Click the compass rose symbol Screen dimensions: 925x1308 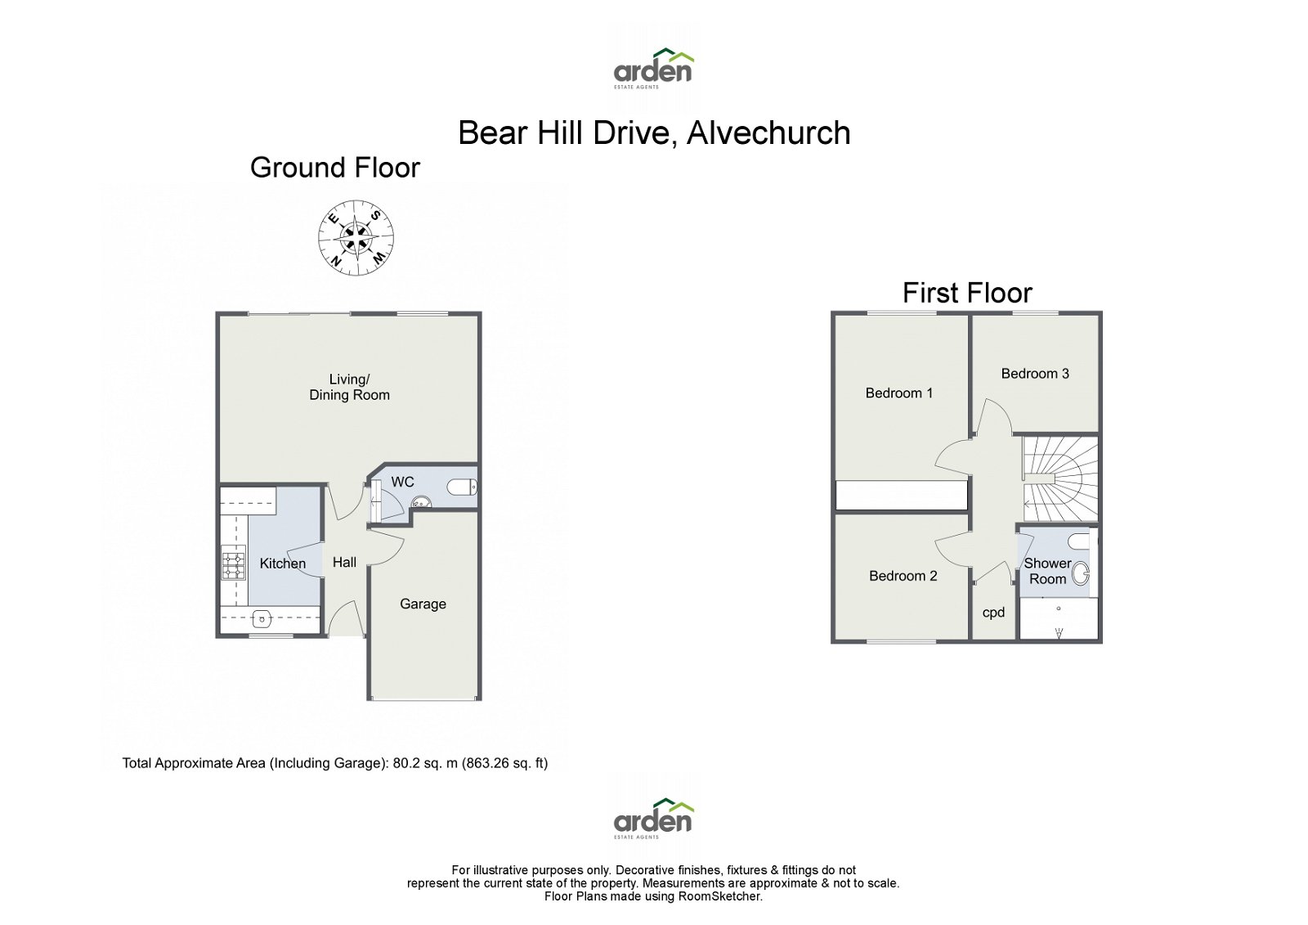pos(356,238)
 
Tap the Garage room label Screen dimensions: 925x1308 pos(423,604)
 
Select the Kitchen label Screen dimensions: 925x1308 pos(282,564)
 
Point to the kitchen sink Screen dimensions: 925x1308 pos(263,618)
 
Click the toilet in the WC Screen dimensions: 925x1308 pos(462,488)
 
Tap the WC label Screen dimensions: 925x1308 pos(402,483)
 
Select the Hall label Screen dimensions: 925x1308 pos(344,563)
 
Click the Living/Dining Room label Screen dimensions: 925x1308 pos(349,387)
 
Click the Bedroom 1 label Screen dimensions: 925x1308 pos(898,393)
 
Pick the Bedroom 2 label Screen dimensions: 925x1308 pos(903,576)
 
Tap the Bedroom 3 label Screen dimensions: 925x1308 pos(1035,374)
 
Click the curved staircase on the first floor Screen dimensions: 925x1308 pos(1060,478)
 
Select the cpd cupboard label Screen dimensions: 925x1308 pos(993,613)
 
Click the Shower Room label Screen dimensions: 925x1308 pos(1047,571)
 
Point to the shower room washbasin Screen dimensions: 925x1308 pos(1081,574)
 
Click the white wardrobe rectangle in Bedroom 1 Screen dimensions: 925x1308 pos(901,496)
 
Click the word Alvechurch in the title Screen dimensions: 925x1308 pos(768,133)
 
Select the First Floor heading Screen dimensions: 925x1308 pos(967,293)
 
